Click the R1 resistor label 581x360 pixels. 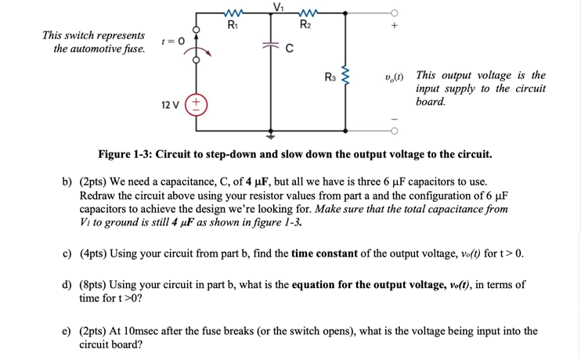tap(232, 25)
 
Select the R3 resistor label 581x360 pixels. tap(330, 77)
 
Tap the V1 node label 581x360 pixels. tap(277, 6)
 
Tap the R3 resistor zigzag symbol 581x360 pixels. tap(345, 77)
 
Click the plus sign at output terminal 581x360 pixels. tap(395, 26)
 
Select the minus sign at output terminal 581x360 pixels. tap(395, 119)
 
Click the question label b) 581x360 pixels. tap(68, 182)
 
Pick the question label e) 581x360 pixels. tap(68, 331)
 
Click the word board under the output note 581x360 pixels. tap(431, 103)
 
